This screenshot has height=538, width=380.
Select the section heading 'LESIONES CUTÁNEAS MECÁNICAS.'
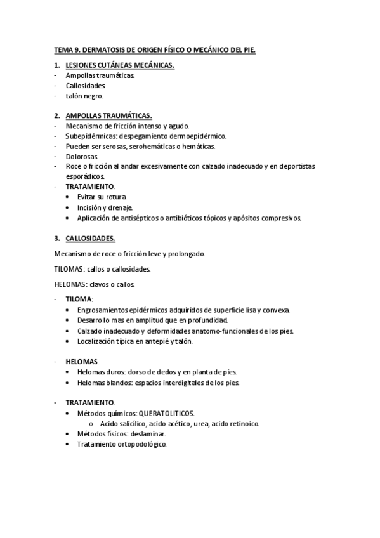120,65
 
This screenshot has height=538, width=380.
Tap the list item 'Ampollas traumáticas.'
100,75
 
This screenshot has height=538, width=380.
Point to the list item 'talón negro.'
84,96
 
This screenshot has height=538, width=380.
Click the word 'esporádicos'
86,176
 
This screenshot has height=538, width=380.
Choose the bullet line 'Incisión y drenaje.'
105,207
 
